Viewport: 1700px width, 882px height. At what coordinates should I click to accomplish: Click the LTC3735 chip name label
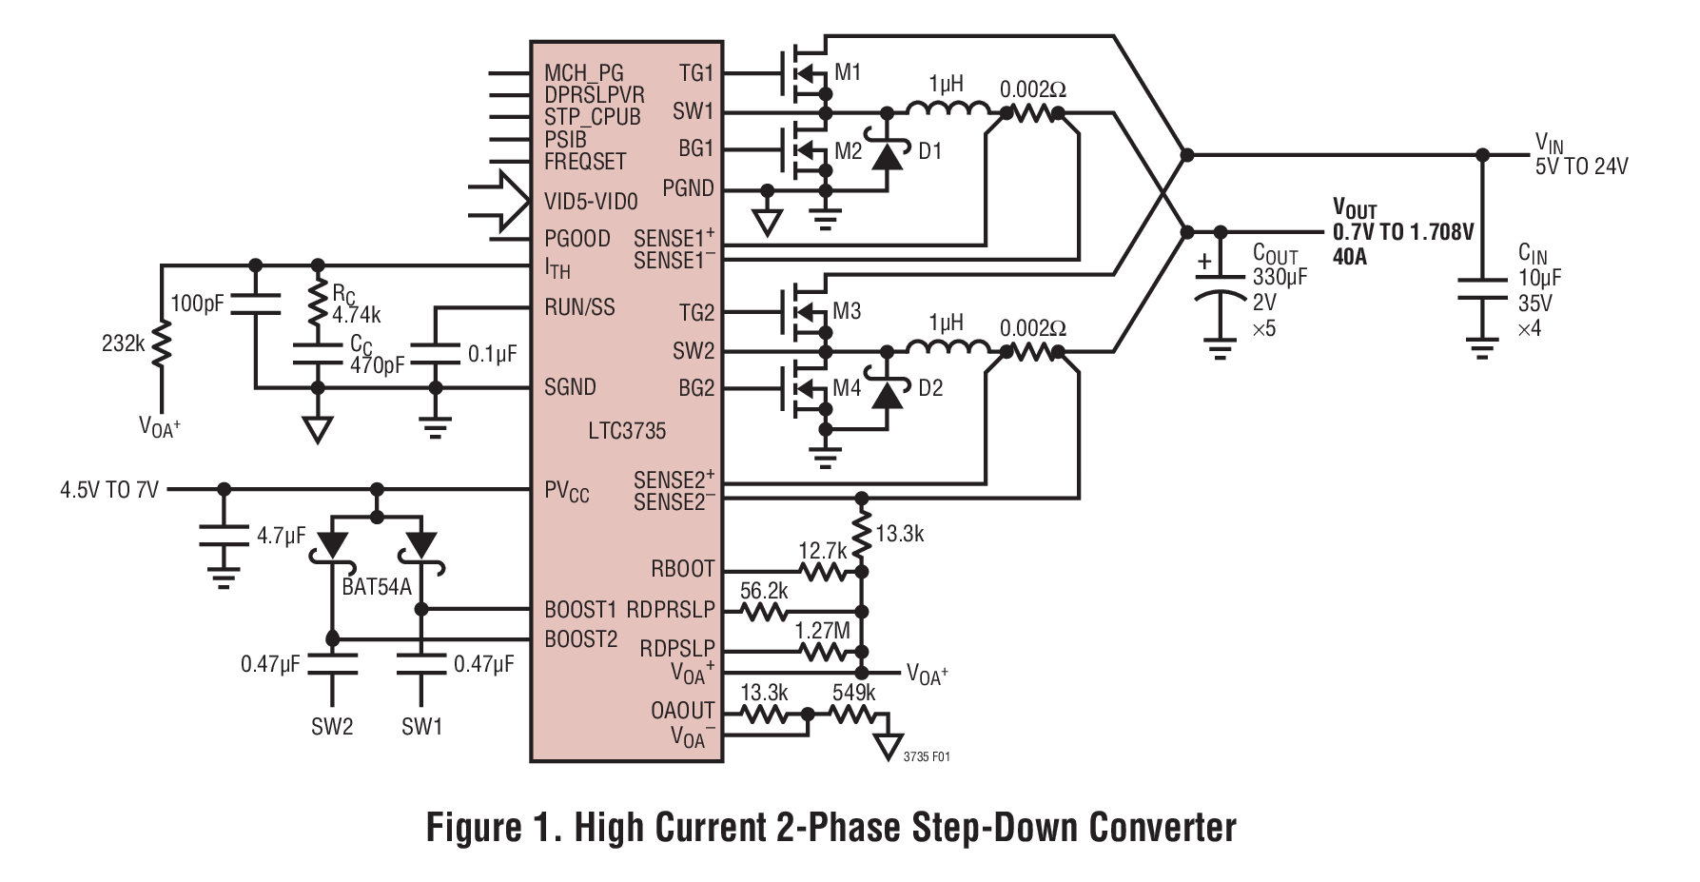(x=626, y=431)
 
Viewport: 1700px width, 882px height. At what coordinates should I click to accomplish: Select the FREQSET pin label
(x=585, y=161)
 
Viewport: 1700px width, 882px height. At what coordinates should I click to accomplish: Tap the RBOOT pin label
(x=682, y=569)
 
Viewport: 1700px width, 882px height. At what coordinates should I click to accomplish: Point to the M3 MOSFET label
(x=847, y=311)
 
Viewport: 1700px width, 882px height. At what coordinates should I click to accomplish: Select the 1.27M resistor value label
(x=823, y=629)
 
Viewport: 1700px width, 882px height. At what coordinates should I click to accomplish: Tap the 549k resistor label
(x=853, y=692)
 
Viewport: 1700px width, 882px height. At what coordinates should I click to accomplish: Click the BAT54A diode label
(x=376, y=586)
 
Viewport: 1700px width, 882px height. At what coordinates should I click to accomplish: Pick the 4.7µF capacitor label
(x=281, y=536)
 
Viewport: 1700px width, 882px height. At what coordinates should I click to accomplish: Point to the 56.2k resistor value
(x=764, y=590)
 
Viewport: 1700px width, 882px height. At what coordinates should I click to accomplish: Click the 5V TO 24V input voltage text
(x=1581, y=167)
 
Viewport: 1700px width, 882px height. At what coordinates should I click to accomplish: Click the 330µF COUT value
(x=1280, y=277)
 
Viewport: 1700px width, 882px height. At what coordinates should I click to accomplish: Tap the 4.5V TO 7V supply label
(x=109, y=490)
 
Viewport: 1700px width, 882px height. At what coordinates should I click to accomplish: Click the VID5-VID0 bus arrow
(x=500, y=202)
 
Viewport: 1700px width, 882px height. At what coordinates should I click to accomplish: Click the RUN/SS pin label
(x=579, y=307)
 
